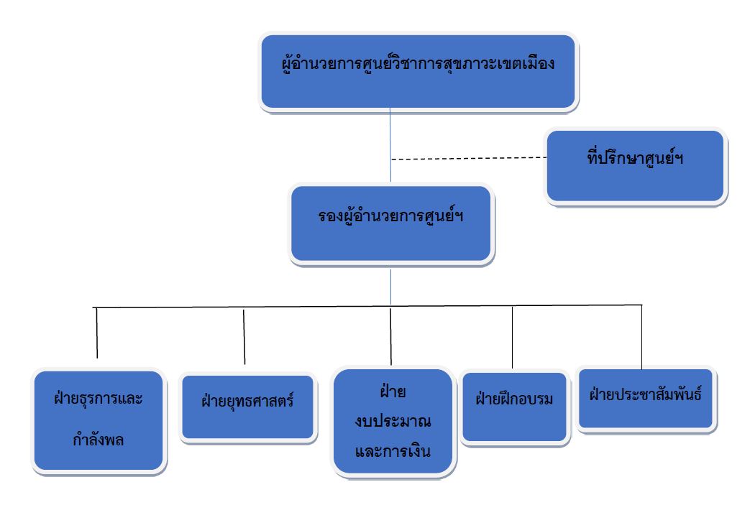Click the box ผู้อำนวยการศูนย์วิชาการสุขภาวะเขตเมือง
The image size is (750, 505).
pyautogui.click(x=418, y=71)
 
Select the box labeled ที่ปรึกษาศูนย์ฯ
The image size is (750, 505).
pyautogui.click(x=635, y=166)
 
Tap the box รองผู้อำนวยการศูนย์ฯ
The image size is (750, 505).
pyautogui.click(x=391, y=223)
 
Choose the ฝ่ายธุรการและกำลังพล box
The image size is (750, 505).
pyautogui.click(x=99, y=420)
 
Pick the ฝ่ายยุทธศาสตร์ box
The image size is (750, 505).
pyautogui.click(x=247, y=406)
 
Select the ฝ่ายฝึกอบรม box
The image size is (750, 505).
pyautogui.click(x=514, y=406)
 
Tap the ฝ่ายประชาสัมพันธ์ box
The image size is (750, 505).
pyautogui.click(x=645, y=399)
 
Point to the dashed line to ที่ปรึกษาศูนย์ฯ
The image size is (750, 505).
pyautogui.click(x=467, y=158)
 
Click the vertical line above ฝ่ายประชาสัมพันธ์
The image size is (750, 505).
pyautogui.click(x=641, y=335)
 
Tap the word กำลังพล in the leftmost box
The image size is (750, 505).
pyautogui.click(x=99, y=440)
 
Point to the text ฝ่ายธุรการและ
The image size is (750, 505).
pyautogui.click(x=99, y=399)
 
